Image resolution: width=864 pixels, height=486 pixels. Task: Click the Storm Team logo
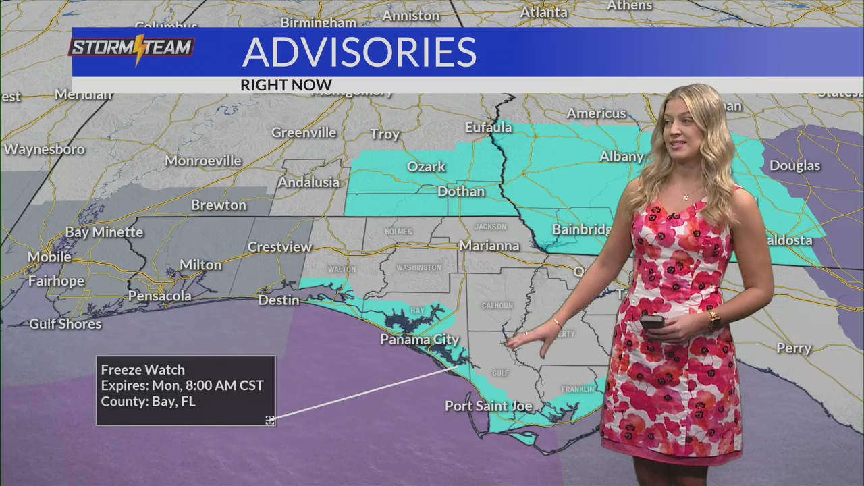(x=132, y=49)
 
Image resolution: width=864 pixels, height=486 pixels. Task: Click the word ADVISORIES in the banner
(x=359, y=53)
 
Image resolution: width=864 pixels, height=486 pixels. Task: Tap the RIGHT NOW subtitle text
(x=286, y=85)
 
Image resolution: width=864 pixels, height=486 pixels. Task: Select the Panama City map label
(x=419, y=339)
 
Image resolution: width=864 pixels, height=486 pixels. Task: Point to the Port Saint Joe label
(x=489, y=406)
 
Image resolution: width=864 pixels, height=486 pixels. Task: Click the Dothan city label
(x=461, y=192)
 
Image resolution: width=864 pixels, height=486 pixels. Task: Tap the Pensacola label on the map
(x=160, y=296)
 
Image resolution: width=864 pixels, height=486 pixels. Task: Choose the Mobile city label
(x=49, y=256)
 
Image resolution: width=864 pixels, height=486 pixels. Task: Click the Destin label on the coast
(x=279, y=300)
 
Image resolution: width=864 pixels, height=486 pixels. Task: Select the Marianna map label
(x=489, y=246)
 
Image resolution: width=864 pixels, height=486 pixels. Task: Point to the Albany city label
(x=622, y=157)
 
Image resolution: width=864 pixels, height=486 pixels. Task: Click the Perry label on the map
(x=794, y=348)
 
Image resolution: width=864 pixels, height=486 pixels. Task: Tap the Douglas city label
(x=794, y=165)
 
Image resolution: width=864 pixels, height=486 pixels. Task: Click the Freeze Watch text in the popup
(x=142, y=370)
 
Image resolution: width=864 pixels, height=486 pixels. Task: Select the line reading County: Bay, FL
(x=148, y=402)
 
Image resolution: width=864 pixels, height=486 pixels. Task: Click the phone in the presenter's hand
(x=652, y=323)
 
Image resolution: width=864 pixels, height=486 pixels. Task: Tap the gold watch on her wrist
(x=714, y=319)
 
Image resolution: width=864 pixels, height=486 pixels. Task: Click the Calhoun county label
(x=497, y=306)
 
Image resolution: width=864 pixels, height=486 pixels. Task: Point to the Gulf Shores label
(x=65, y=324)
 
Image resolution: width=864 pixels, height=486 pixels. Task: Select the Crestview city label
(x=279, y=247)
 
